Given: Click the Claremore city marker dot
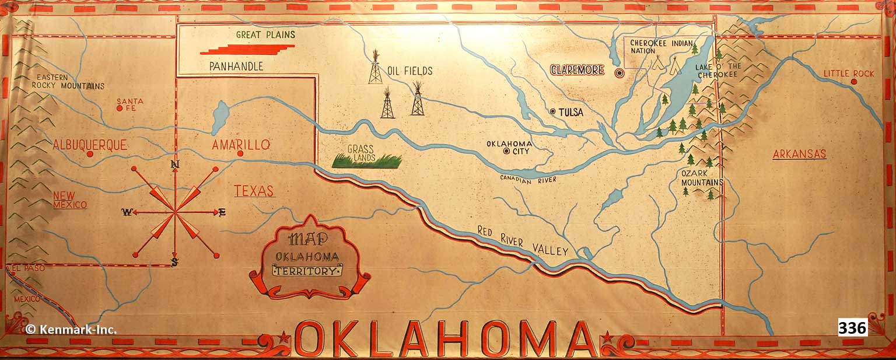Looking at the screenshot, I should (x=619, y=73).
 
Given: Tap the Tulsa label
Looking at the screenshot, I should (x=570, y=112).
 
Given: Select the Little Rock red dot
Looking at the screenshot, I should (x=853, y=82).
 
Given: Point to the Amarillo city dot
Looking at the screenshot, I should (x=240, y=153).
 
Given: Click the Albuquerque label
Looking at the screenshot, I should (x=89, y=145).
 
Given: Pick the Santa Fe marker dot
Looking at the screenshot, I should (x=119, y=108).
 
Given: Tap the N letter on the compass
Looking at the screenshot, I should (x=174, y=165).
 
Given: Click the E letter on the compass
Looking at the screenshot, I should (x=222, y=212).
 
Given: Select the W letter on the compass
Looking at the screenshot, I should (x=125, y=212).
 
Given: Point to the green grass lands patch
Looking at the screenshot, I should (x=366, y=160).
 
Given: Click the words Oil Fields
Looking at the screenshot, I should (x=410, y=71).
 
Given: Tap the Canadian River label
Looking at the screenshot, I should (x=528, y=180).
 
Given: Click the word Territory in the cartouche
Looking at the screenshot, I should (x=307, y=270).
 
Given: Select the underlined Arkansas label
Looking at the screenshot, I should (x=799, y=154).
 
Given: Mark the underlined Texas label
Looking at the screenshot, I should (x=254, y=191).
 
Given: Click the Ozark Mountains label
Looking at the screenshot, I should (x=702, y=178).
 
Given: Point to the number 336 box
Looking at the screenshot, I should (x=852, y=327).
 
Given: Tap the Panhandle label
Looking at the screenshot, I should (x=236, y=67).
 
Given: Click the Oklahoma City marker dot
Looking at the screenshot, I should (x=506, y=152).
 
